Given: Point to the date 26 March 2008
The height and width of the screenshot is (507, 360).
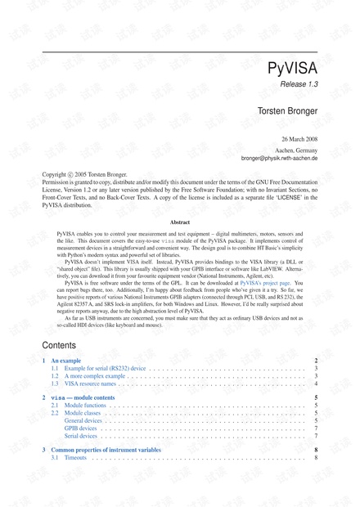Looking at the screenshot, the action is (x=299, y=140).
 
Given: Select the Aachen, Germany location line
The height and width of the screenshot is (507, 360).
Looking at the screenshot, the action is (x=295, y=150).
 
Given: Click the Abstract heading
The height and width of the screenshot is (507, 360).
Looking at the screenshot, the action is (x=180, y=222).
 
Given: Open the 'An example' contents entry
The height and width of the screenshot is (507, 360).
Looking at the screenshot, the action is (x=66, y=361).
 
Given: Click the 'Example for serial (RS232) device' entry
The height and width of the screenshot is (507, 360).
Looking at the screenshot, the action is (x=98, y=369).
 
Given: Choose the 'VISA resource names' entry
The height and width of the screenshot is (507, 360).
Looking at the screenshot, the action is (x=83, y=384).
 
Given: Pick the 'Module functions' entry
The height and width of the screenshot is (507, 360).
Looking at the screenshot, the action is (x=83, y=405).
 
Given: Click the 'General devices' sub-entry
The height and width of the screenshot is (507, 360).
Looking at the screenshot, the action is (x=83, y=420).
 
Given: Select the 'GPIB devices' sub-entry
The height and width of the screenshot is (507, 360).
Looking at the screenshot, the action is (x=80, y=428).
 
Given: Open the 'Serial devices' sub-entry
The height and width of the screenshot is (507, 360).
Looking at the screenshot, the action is (x=80, y=436).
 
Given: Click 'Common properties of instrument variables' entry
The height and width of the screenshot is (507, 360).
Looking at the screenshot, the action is (x=109, y=450).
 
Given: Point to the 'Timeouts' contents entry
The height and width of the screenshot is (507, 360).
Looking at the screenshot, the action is (x=75, y=458).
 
